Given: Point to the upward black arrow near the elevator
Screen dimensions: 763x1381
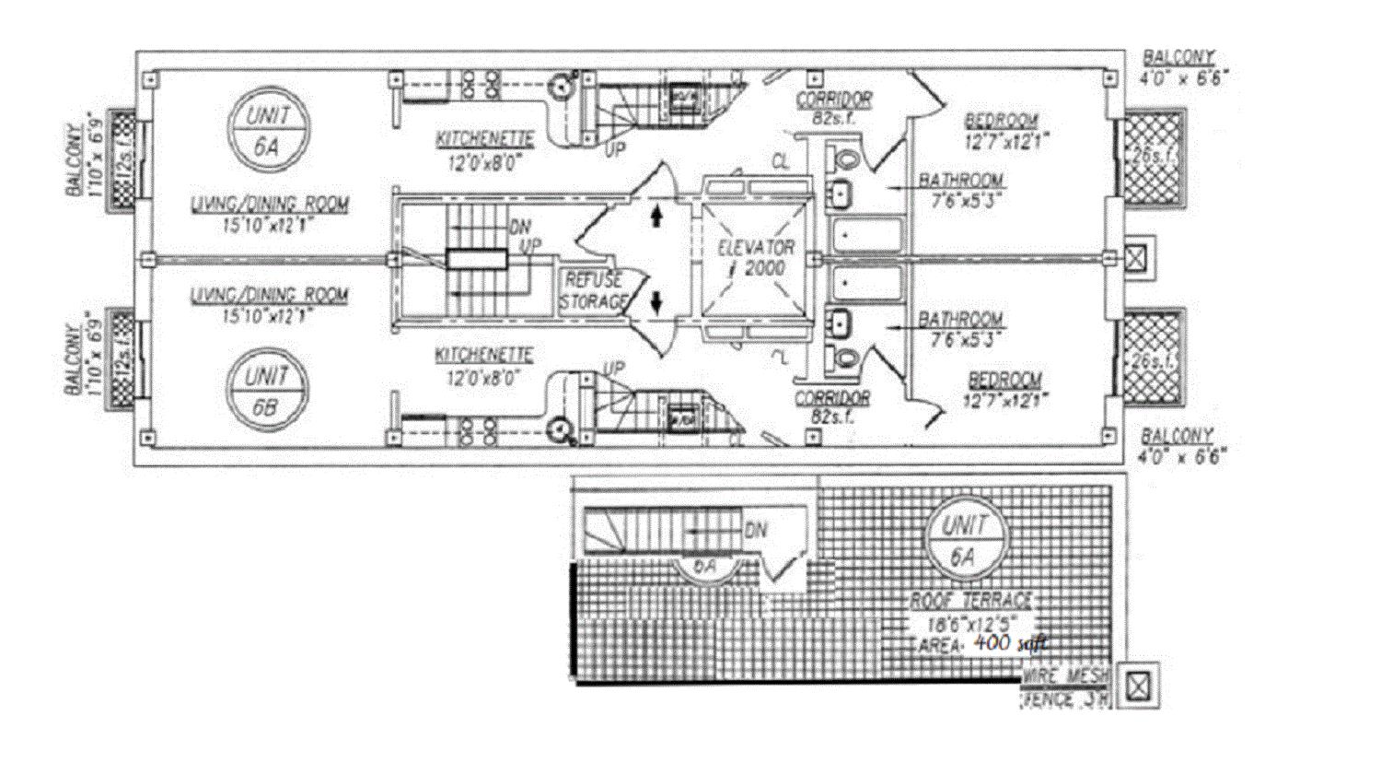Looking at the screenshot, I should point(656,216).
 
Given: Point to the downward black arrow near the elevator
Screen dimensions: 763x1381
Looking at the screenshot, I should point(656,301).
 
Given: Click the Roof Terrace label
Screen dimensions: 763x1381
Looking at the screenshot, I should point(971,601).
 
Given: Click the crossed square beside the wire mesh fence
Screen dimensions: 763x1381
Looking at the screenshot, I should point(1138,685).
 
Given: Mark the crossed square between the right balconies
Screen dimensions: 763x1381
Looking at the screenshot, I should point(1137,257).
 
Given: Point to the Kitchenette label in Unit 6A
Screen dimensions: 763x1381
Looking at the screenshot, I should point(485,139).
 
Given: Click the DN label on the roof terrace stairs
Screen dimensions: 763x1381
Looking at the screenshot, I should point(756,531).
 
